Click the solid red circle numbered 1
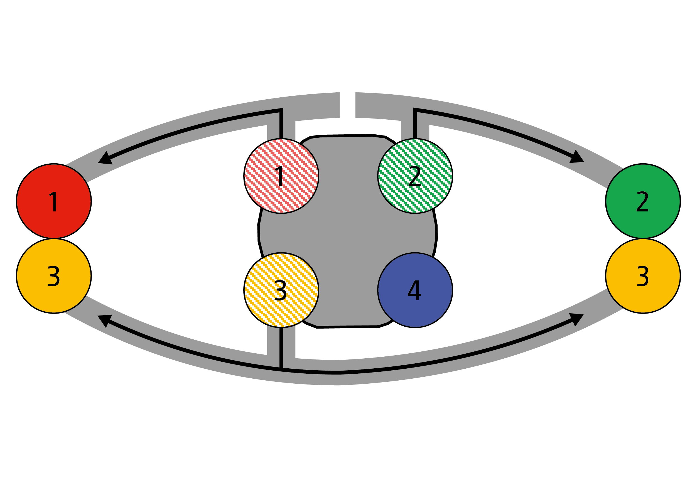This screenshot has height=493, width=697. click(54, 201)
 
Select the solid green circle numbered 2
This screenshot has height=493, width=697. click(643, 201)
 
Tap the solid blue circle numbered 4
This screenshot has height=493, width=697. click(415, 290)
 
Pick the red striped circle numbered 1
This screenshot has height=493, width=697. click(281, 176)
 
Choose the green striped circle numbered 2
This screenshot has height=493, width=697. click(415, 176)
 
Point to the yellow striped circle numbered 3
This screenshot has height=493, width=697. click(281, 290)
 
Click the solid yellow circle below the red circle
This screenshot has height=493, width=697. click(54, 276)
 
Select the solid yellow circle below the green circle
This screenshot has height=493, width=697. click(643, 276)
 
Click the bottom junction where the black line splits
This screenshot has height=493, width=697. click(281, 369)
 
